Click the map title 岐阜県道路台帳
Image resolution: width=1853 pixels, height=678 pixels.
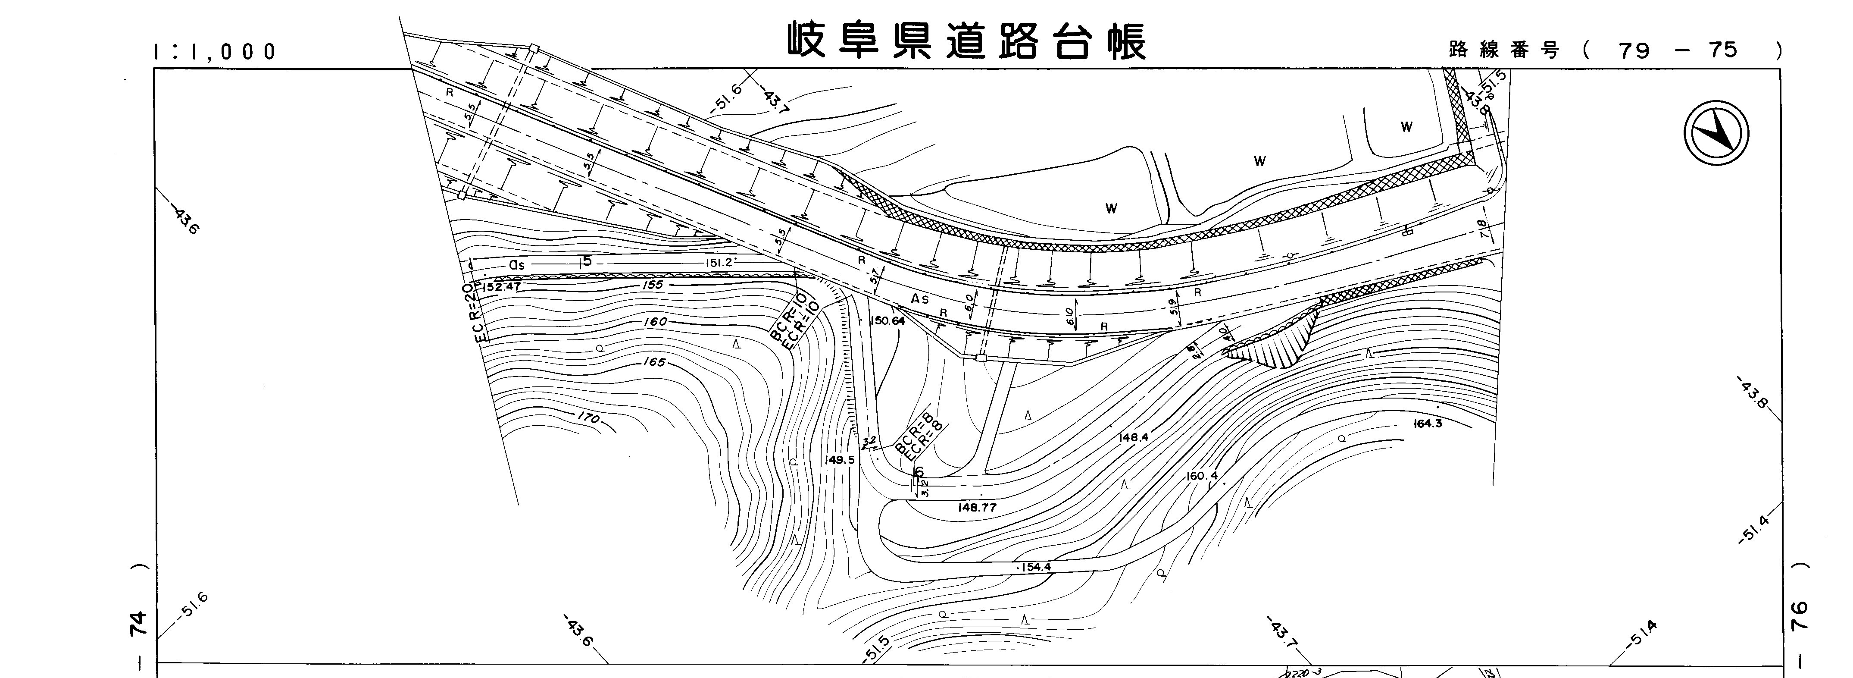click(966, 41)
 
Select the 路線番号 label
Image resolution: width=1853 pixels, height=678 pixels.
click(1503, 50)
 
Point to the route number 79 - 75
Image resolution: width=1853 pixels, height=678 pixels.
click(1678, 50)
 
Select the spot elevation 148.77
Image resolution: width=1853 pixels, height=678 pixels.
click(977, 507)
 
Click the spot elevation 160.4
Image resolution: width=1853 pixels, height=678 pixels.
click(1202, 476)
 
